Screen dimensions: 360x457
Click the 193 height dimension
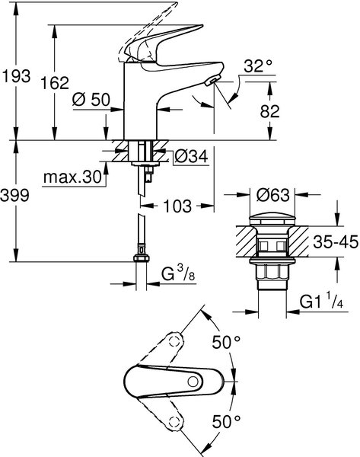tap(16, 76)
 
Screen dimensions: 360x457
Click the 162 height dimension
tap(55, 83)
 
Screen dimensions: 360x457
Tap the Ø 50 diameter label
tap(91, 100)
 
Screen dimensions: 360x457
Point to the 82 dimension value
tap(269, 111)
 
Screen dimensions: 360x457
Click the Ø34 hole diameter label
tap(191, 157)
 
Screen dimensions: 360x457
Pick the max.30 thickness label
tap(72, 177)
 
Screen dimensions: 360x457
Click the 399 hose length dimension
tap(15, 195)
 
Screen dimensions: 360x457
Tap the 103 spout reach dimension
tap(177, 206)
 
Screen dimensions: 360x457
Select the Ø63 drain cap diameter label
tap(273, 195)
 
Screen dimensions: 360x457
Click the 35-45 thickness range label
tap(336, 242)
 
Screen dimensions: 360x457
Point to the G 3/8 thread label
tap(178, 273)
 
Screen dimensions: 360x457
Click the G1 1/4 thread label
tap(321, 302)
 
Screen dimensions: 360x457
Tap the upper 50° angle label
tap(226, 343)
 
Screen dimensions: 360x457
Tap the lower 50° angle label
tap(226, 421)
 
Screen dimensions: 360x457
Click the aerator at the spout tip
tap(212, 80)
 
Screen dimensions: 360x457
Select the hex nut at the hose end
tap(142, 258)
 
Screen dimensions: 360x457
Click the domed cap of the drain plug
tap(272, 218)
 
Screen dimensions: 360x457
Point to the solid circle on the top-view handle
tap(193, 382)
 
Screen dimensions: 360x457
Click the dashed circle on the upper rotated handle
tap(174, 340)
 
